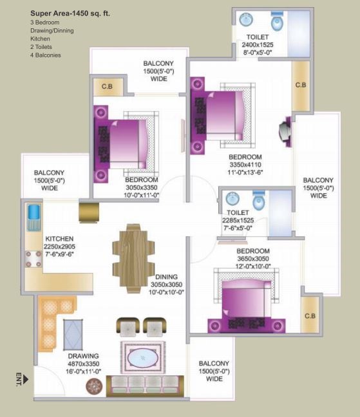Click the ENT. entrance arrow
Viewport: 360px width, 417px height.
pyautogui.click(x=26, y=380)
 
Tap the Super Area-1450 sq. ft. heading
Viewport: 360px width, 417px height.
pyautogui.click(x=70, y=14)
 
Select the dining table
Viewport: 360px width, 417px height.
pyautogui.click(x=133, y=259)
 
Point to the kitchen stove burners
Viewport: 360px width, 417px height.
pyautogui.click(x=33, y=259)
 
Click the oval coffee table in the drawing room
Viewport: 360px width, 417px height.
pyautogui.click(x=142, y=358)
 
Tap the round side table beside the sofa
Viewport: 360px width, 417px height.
pyautogui.click(x=94, y=386)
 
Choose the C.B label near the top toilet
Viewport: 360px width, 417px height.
pyautogui.click(x=301, y=85)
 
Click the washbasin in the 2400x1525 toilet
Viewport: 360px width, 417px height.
pyautogui.click(x=246, y=20)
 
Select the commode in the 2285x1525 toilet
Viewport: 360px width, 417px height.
pyautogui.click(x=259, y=201)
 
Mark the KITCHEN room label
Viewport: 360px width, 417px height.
pyautogui.click(x=59, y=239)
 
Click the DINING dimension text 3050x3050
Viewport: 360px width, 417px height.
pyautogui.click(x=167, y=284)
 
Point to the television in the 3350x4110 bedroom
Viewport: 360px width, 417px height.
pyautogui.click(x=285, y=131)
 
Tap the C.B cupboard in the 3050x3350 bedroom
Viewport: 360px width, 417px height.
pyautogui.click(x=108, y=86)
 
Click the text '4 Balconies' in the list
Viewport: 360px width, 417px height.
pyautogui.click(x=46, y=55)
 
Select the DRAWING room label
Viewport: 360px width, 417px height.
pyautogui.click(x=83, y=356)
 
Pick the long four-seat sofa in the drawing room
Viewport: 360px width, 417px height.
pyautogui.click(x=145, y=386)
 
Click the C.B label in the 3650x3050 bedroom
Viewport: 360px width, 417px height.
pyautogui.click(x=310, y=316)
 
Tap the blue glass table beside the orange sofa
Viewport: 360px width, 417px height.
pyautogui.click(x=73, y=335)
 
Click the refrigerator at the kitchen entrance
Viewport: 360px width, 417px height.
pyautogui.click(x=89, y=212)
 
